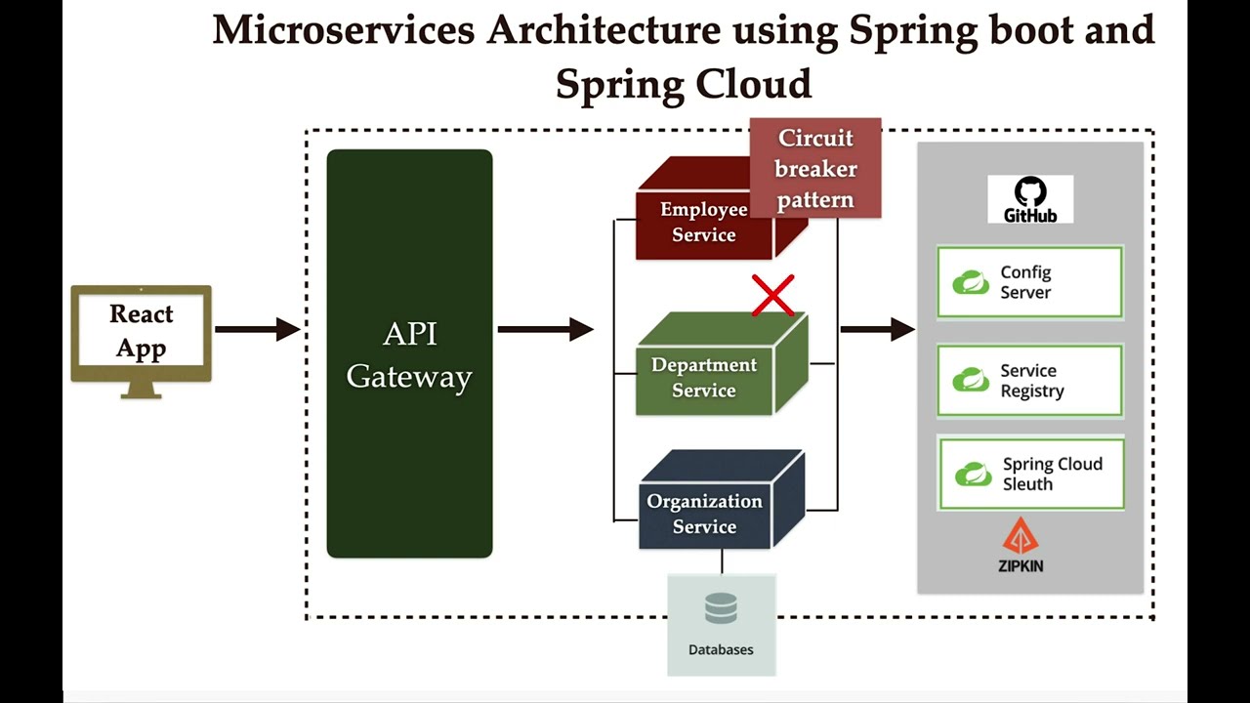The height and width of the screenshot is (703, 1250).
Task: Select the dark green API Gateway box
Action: (x=409, y=353)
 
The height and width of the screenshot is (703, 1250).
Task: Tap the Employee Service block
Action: (x=703, y=223)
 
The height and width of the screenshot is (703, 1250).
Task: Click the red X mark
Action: (x=772, y=296)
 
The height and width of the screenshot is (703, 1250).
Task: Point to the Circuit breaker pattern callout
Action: (x=815, y=168)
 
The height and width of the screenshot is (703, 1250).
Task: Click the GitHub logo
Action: (x=1029, y=199)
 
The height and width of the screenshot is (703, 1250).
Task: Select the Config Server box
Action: (x=1029, y=282)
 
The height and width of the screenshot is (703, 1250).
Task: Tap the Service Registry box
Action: (x=1029, y=381)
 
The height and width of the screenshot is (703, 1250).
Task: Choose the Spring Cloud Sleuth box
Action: (x=1031, y=474)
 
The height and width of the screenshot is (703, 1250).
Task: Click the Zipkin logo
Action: (x=1021, y=547)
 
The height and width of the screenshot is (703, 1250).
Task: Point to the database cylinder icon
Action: (x=721, y=610)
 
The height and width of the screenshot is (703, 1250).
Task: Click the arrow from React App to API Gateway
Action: (x=257, y=329)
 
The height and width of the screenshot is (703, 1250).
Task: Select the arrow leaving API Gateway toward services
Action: (x=545, y=329)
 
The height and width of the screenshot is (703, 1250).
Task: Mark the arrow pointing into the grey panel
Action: (x=877, y=329)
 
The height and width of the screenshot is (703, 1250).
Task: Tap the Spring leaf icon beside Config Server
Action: (x=971, y=282)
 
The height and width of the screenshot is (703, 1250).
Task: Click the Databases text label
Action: (x=721, y=649)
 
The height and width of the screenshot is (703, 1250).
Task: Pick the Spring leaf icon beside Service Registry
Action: (x=971, y=381)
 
